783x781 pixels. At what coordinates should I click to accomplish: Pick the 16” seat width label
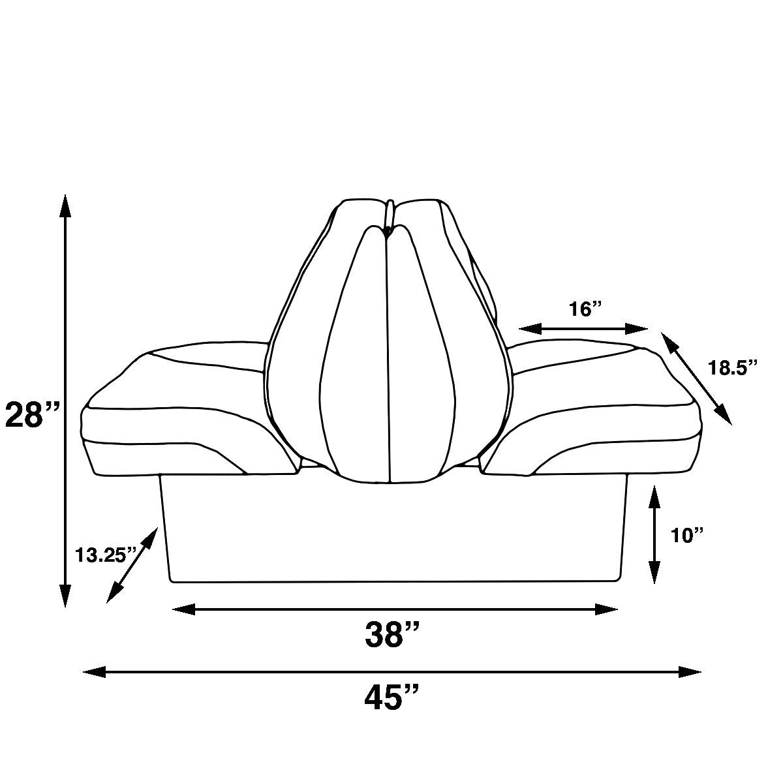point(583,309)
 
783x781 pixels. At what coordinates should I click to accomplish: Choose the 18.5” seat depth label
point(733,367)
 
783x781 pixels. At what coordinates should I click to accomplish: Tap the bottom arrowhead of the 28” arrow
point(65,597)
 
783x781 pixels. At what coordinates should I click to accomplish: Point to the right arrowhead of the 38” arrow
point(607,609)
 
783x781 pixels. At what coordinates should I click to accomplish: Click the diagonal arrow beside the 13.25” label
point(133,564)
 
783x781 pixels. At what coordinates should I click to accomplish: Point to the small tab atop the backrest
point(390,212)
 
